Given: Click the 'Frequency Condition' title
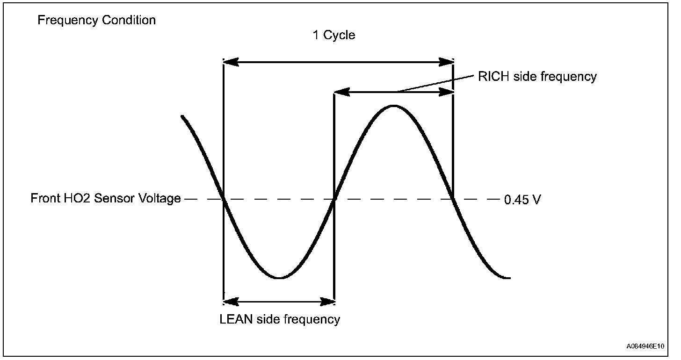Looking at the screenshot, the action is coord(96,21).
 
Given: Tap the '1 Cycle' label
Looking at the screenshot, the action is coord(334,35).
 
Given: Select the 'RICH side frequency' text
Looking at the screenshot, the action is coord(537,77).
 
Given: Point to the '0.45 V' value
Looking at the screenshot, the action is coord(522,200).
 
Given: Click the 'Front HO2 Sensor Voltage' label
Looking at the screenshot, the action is coord(106,198).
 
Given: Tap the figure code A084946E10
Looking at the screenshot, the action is coord(645,346).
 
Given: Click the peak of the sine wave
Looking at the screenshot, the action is coord(393,106).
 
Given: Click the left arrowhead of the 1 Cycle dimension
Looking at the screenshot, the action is coord(231,62).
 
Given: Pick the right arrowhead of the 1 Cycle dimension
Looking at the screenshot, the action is coord(446,62).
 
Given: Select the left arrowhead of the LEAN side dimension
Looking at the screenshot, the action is coord(231,302).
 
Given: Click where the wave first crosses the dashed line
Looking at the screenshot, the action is coord(224,199).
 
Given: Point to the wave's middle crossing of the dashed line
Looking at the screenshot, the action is coord(334,199).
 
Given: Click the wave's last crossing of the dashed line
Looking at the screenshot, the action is coord(453,199).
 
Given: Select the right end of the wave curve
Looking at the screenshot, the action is coord(509,278).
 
